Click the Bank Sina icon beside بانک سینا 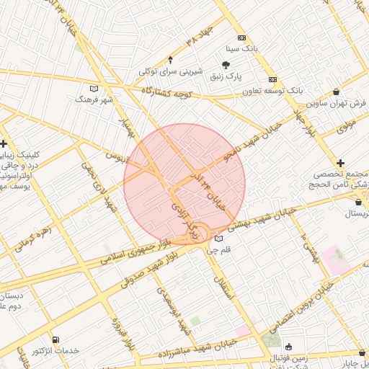point(241,38)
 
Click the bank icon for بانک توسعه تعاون point(272,79)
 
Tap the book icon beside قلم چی point(218,239)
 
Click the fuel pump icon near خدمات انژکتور point(56,339)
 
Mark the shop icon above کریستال point(339,202)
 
